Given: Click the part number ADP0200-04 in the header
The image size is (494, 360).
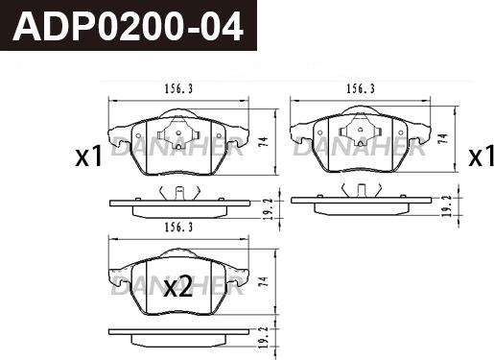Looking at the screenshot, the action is [128, 27].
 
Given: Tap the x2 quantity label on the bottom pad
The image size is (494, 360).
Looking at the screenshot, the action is [178, 286].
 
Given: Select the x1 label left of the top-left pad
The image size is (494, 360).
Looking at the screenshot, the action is [88, 156].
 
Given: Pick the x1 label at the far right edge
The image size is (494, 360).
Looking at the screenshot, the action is [481, 156].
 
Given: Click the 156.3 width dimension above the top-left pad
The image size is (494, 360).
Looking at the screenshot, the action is [179, 88].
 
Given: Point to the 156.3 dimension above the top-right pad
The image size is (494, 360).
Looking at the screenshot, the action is [361, 88].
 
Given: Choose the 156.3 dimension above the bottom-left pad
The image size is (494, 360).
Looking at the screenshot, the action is [179, 228].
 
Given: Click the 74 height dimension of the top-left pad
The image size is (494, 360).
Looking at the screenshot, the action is [264, 142].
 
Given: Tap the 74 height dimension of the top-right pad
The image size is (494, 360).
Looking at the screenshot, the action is [443, 138].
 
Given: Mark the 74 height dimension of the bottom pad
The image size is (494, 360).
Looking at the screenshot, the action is [264, 281].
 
